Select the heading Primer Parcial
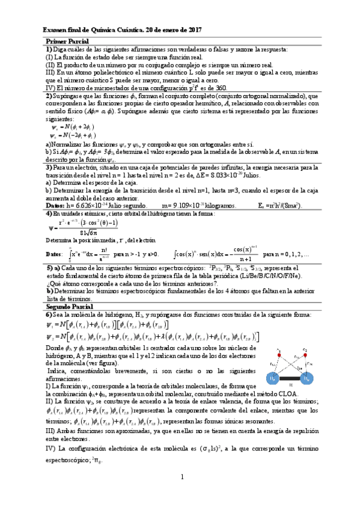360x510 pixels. coord(65,39)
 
